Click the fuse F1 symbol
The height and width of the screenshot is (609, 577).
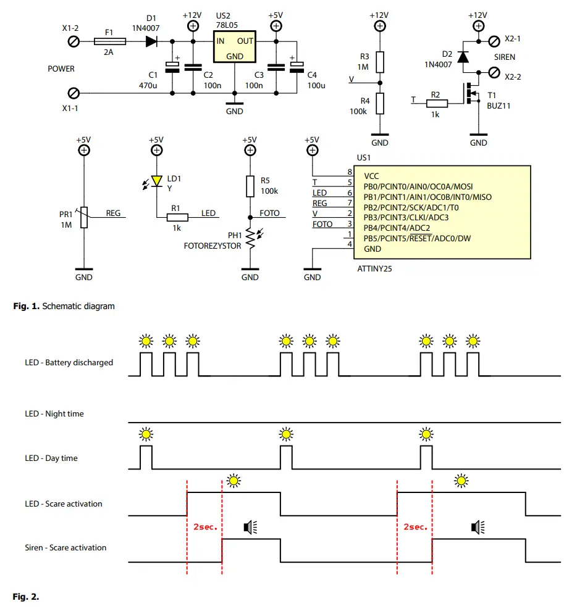pyautogui.click(x=110, y=41)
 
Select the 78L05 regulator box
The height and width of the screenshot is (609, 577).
pyautogui.click(x=235, y=48)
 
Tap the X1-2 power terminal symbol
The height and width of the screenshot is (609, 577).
pyautogui.click(x=74, y=41)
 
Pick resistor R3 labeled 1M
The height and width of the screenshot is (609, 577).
pyautogui.click(x=380, y=62)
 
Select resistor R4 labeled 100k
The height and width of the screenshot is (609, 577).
pyautogui.click(x=380, y=103)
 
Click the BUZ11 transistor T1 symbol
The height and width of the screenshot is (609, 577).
pyautogui.click(x=471, y=94)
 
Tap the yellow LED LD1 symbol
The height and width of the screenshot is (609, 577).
pyautogui.click(x=157, y=181)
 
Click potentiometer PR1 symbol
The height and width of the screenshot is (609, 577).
pyautogui.click(x=84, y=217)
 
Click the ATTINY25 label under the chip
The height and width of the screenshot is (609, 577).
pyautogui.click(x=375, y=269)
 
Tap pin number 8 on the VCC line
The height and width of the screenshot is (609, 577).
pyautogui.click(x=350, y=172)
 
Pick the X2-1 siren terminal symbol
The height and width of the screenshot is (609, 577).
pyautogui.click(x=494, y=41)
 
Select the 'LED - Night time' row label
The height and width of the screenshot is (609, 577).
pyautogui.click(x=54, y=414)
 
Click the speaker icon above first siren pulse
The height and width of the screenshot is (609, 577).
pyautogui.click(x=251, y=527)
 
